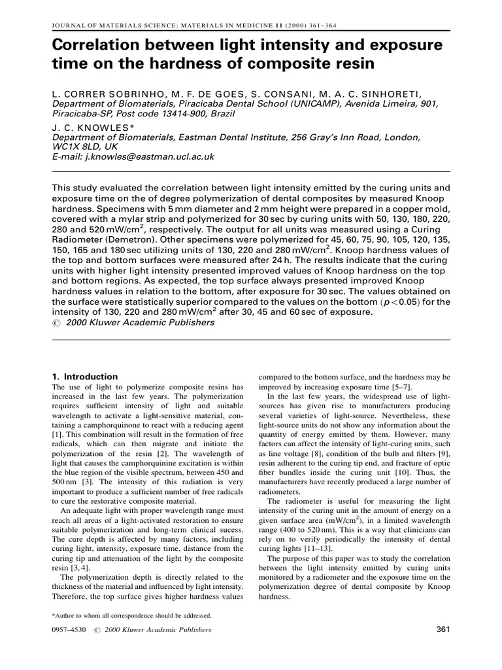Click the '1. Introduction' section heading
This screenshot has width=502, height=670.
(x=84, y=377)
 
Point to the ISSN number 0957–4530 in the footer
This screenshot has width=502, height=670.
(x=67, y=630)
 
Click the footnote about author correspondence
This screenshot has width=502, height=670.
(x=131, y=616)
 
